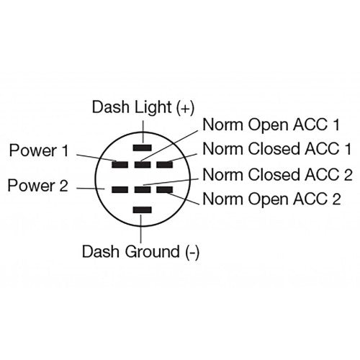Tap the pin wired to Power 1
pyautogui.click(x=120, y=164)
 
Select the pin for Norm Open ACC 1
pyautogui.click(x=143, y=164)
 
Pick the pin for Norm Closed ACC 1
pyautogui.click(x=165, y=164)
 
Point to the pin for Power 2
pyautogui.click(x=120, y=189)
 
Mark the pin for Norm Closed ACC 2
pyautogui.click(x=143, y=189)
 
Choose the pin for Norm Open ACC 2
pyautogui.click(x=165, y=189)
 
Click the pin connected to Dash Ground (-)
pyautogui.click(x=143, y=210)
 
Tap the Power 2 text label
pyautogui.click(x=37, y=186)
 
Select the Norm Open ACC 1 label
pyautogui.click(x=271, y=125)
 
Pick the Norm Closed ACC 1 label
pyautogui.click(x=277, y=149)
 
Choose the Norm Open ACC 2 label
pyautogui.click(x=271, y=198)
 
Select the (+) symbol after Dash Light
pyautogui.click(x=185, y=107)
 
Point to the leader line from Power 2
pyautogui.click(x=90, y=189)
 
